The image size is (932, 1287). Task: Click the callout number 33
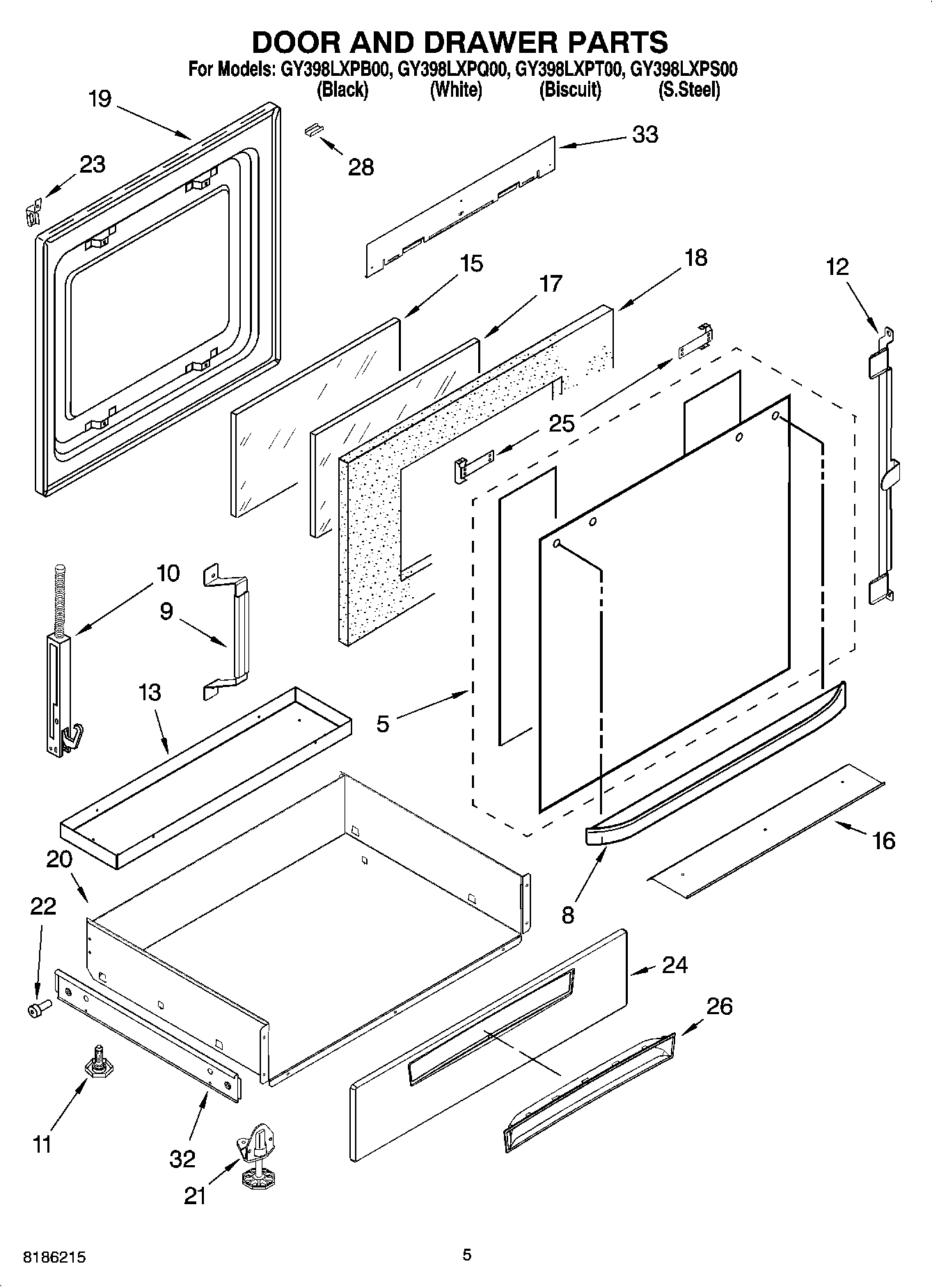pyautogui.click(x=645, y=134)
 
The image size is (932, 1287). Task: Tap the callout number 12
pyautogui.click(x=837, y=267)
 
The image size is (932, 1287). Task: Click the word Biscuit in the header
pyautogui.click(x=570, y=90)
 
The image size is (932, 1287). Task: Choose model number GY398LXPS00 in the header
pyautogui.click(x=684, y=70)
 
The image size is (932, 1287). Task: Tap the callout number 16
pyautogui.click(x=883, y=841)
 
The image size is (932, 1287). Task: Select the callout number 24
pyautogui.click(x=674, y=965)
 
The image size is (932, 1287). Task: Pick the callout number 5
pyautogui.click(x=383, y=724)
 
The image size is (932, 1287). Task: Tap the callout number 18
pyautogui.click(x=695, y=258)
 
